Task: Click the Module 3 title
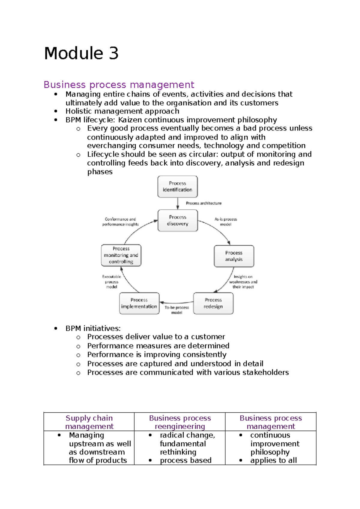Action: tap(81, 53)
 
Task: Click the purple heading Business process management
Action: tap(119, 85)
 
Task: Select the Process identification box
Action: tap(177, 187)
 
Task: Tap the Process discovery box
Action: tap(178, 221)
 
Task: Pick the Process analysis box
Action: tap(234, 256)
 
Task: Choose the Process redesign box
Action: tap(213, 303)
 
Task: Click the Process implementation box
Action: tap(139, 303)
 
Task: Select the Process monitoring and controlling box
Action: tap(121, 255)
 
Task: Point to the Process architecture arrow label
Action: tap(203, 203)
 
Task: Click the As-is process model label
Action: tap(226, 221)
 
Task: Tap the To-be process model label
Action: tap(177, 310)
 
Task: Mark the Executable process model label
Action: tap(112, 282)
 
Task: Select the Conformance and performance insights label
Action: tap(120, 221)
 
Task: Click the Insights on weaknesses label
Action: tap(243, 282)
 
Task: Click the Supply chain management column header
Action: tap(89, 422)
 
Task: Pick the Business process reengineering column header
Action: tap(180, 422)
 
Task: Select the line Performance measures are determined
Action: tap(158, 346)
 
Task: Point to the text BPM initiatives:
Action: tap(93, 328)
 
